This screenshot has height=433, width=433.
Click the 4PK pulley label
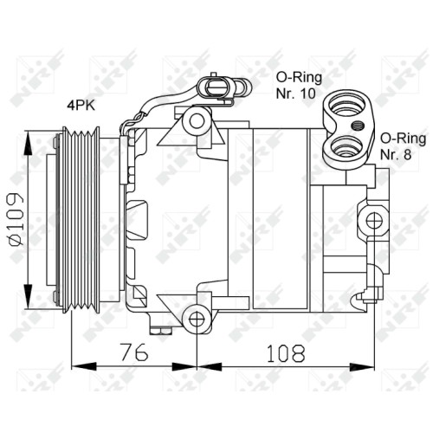[81, 106]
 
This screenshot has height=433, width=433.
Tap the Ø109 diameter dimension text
[16, 219]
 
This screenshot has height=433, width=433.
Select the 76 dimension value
[134, 352]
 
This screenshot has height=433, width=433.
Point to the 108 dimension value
[286, 353]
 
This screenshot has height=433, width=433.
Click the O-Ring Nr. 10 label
[299, 86]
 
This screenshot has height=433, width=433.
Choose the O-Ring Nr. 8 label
[403, 146]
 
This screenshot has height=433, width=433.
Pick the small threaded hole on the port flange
[357, 126]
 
